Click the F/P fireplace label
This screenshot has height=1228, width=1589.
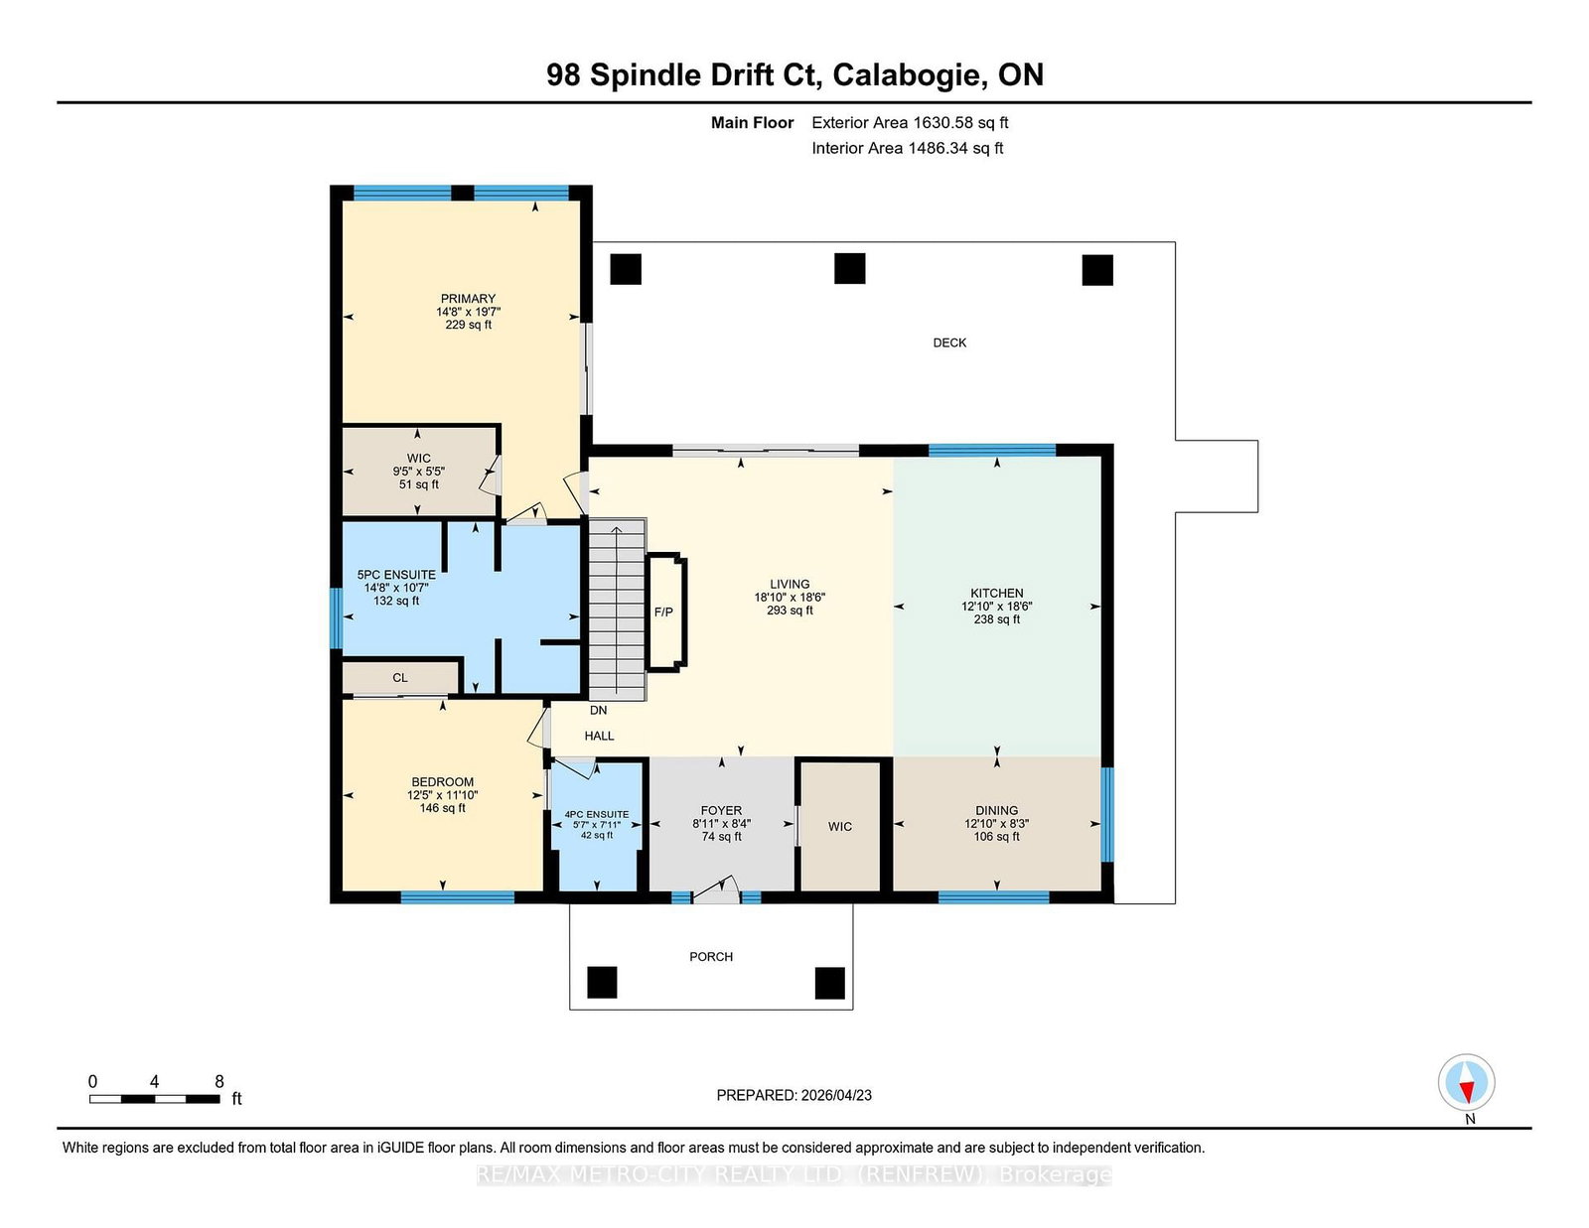663,612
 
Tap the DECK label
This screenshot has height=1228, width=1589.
949,342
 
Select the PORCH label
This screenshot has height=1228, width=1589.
711,957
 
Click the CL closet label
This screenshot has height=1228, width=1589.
400,678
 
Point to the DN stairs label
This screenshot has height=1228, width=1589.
598,710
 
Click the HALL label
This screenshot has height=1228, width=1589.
599,736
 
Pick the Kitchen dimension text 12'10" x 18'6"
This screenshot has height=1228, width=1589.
997,606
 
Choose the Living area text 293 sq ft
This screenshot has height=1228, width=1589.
790,611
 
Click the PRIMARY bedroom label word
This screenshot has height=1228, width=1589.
468,298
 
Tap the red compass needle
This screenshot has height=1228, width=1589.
1466,1091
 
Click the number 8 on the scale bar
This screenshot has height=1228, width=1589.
218,1081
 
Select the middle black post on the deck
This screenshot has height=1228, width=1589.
850,268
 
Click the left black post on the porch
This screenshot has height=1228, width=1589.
602,983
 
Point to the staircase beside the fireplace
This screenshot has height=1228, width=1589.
617,610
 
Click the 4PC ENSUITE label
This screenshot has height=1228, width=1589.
597,814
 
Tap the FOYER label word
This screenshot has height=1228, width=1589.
721,811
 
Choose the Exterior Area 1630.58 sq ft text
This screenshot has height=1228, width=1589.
910,123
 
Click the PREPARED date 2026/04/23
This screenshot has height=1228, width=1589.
836,1095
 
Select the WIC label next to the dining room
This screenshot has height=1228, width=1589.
840,827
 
